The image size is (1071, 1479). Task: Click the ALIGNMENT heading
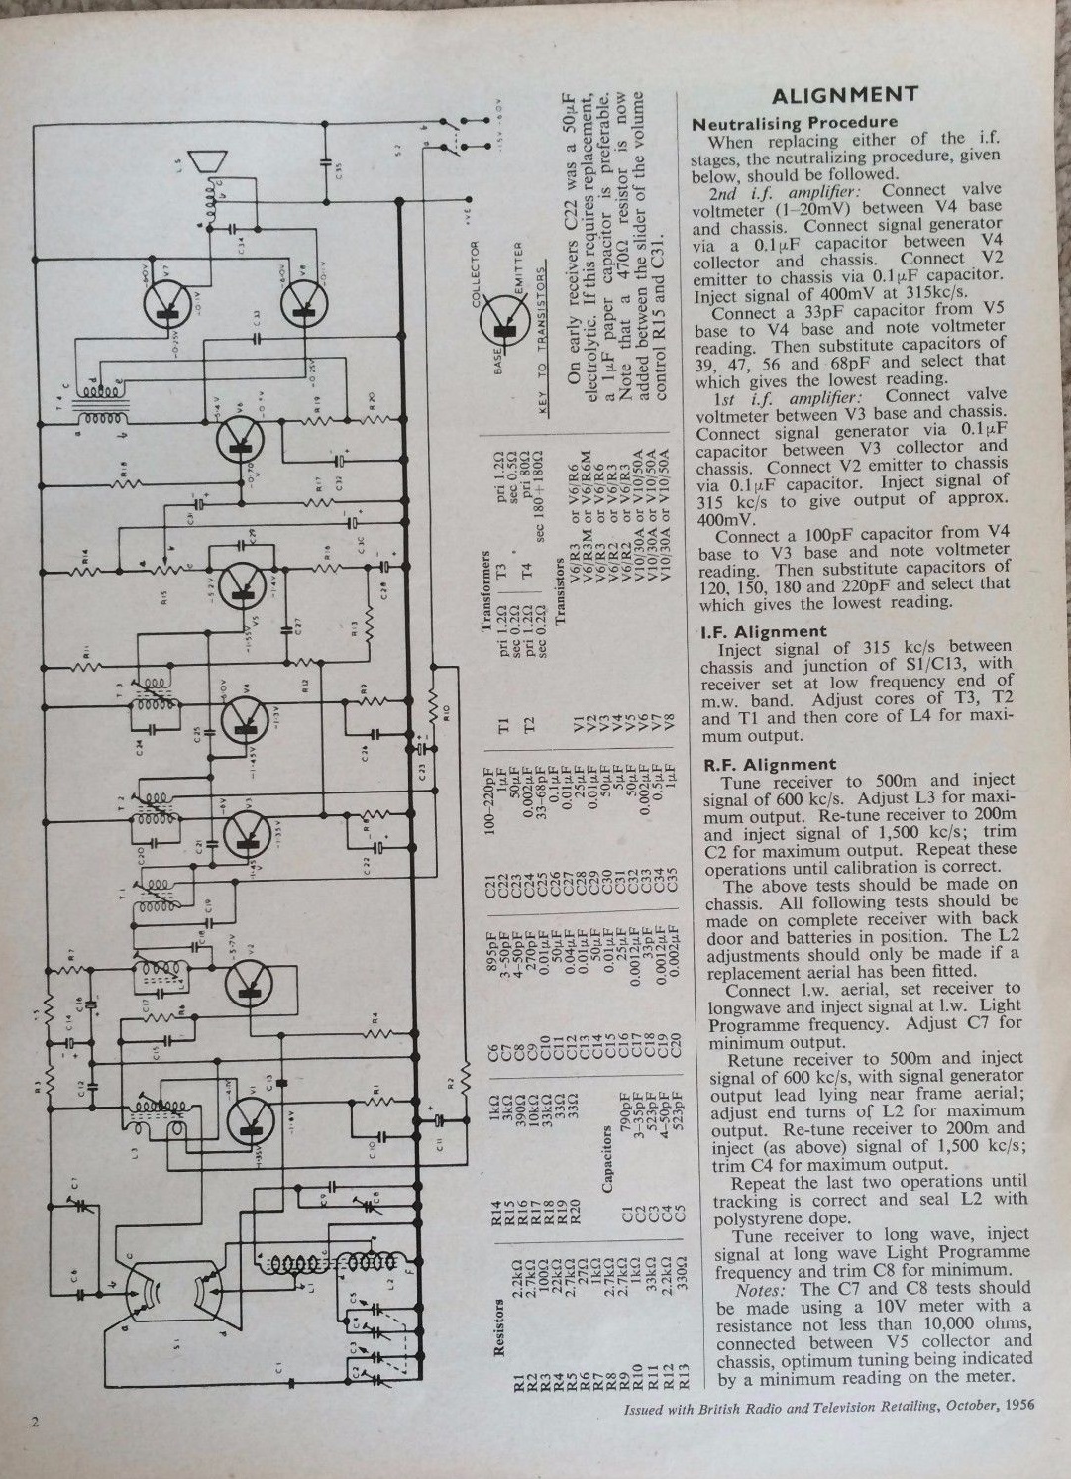click(845, 95)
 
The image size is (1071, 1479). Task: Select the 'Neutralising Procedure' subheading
click(795, 123)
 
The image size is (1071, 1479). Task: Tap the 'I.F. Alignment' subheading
click(763, 631)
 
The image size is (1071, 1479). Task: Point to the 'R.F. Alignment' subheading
click(769, 764)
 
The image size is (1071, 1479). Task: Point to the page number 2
click(35, 1423)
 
